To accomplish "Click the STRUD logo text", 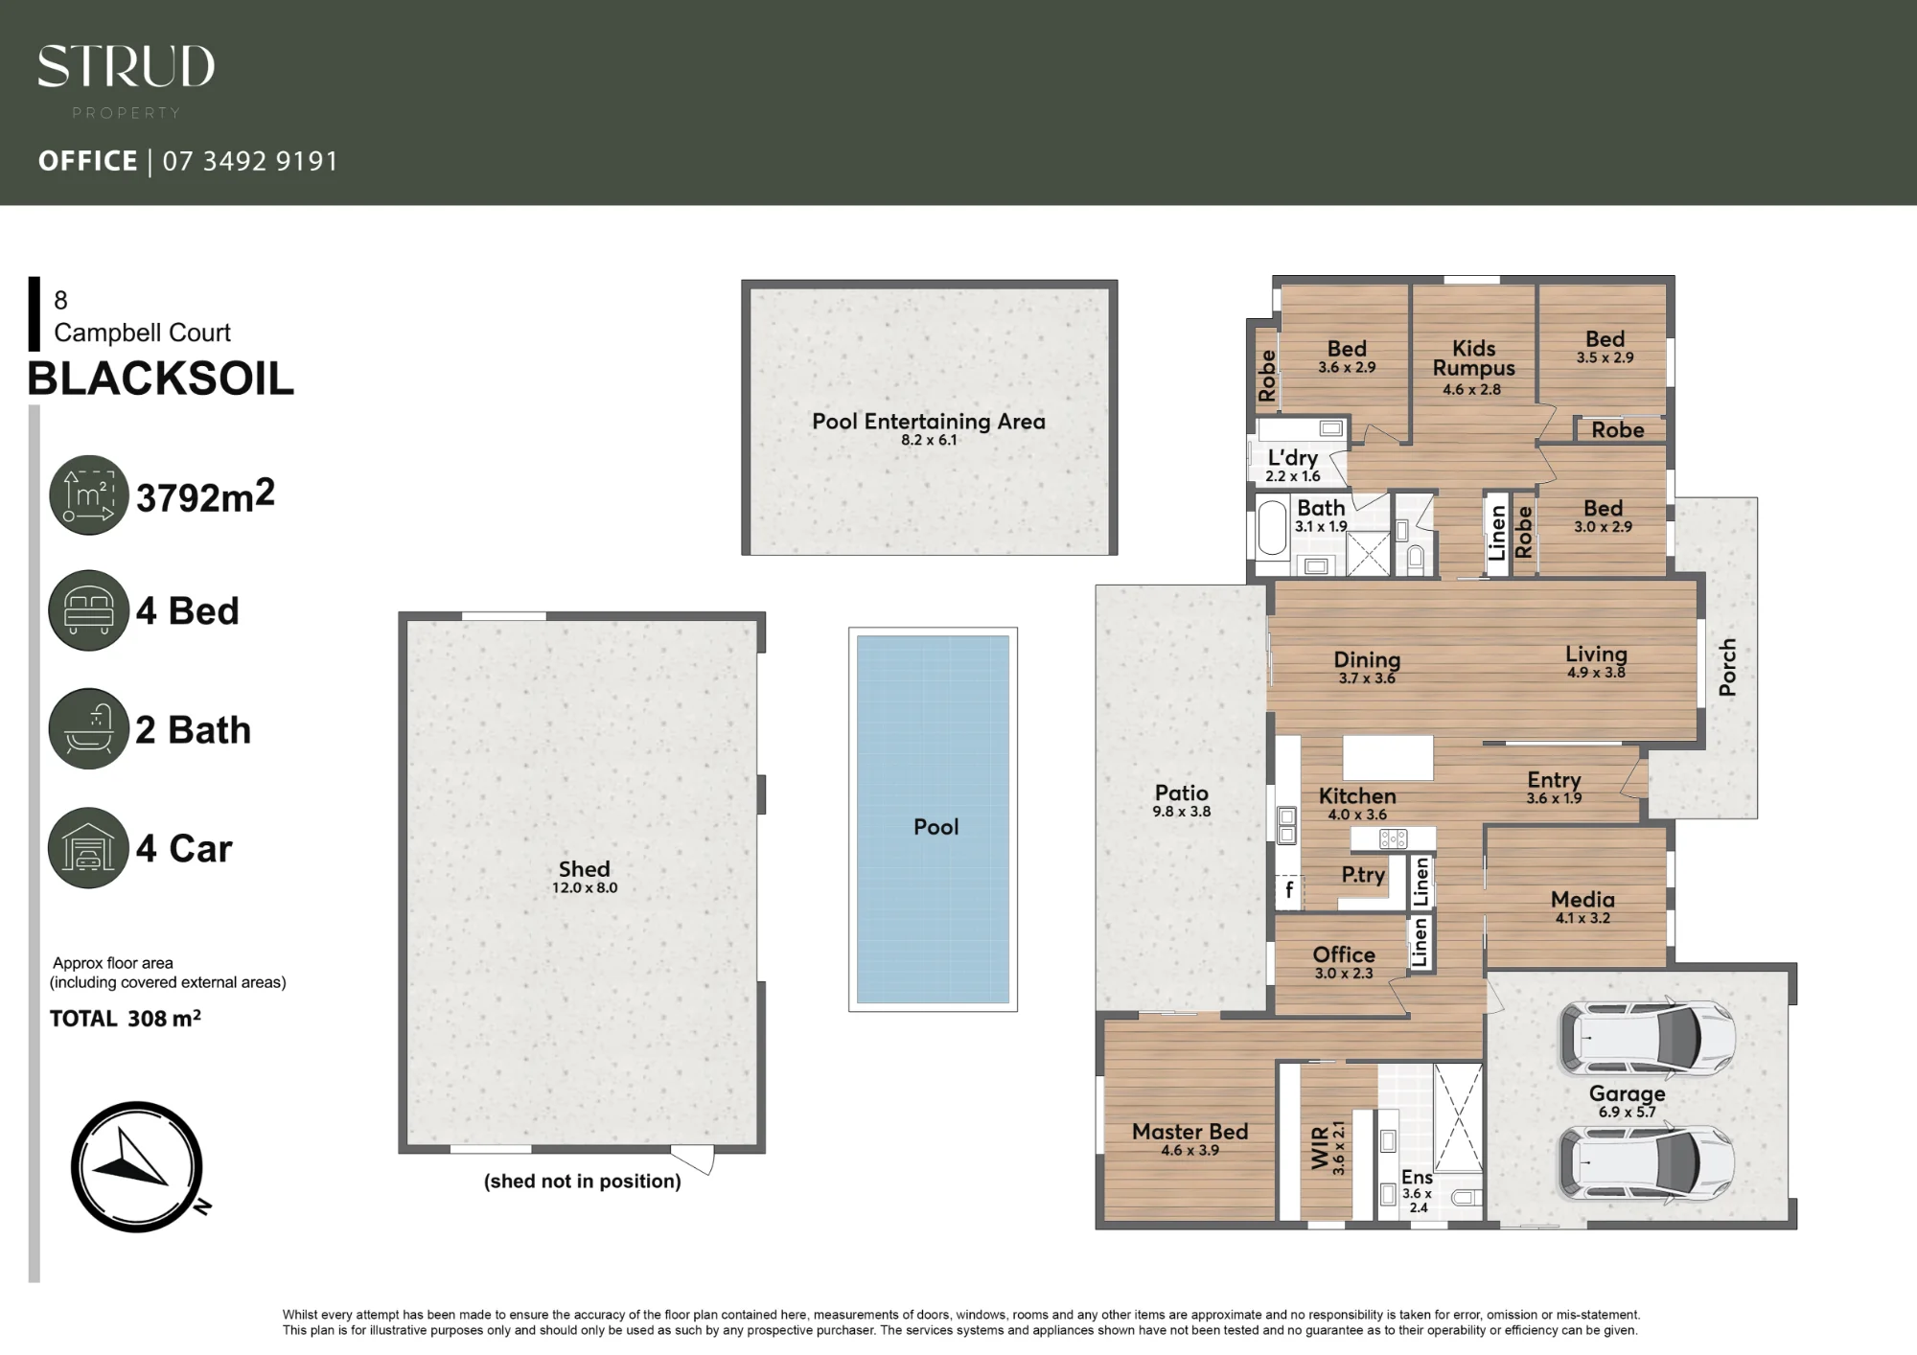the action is (x=126, y=67).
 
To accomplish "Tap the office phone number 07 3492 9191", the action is (x=250, y=161).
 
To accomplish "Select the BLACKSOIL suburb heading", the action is (x=161, y=379).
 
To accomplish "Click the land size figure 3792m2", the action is (x=205, y=496).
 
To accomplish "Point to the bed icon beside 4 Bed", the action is (x=88, y=610).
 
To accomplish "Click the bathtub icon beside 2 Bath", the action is (x=88, y=729).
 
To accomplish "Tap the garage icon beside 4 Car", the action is (x=88, y=848).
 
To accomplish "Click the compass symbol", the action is (x=137, y=1166).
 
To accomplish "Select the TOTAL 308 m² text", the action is (x=126, y=1019).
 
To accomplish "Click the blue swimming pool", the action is (x=933, y=819).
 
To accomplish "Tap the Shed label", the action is (x=584, y=869).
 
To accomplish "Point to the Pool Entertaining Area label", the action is (x=929, y=422).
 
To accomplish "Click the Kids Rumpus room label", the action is (x=1474, y=358).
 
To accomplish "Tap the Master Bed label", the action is (x=1189, y=1132).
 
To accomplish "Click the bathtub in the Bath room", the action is (x=1272, y=528).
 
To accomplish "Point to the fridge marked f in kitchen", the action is (x=1288, y=891).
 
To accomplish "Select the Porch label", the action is (x=1727, y=667).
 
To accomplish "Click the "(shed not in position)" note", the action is (x=583, y=1182).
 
